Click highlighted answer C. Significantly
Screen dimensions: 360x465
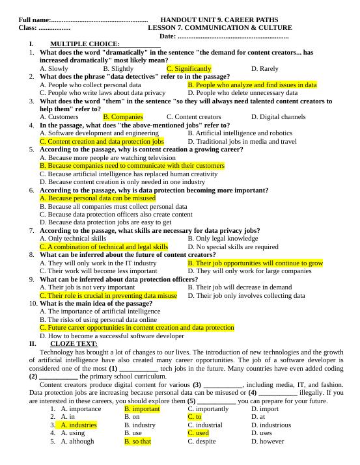[x=189, y=68]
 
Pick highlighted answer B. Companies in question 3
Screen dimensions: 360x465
[x=123, y=117]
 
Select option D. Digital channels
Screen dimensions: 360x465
[x=278, y=117]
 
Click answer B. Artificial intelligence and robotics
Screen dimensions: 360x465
[x=240, y=133]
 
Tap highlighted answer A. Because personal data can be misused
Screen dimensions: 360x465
[x=98, y=198]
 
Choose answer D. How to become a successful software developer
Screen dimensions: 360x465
[x=112, y=336]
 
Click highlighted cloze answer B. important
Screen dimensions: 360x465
[x=142, y=408]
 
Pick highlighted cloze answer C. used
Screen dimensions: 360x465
[x=198, y=432]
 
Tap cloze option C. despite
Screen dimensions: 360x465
[x=201, y=441]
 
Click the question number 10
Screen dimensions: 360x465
[x=33, y=303]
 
